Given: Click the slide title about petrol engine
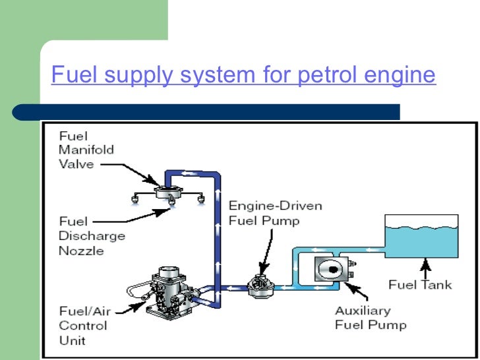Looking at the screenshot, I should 243,75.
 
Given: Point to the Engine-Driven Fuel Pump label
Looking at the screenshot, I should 275,213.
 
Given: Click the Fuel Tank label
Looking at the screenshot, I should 420,285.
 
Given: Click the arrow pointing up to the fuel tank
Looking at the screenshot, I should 426,267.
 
